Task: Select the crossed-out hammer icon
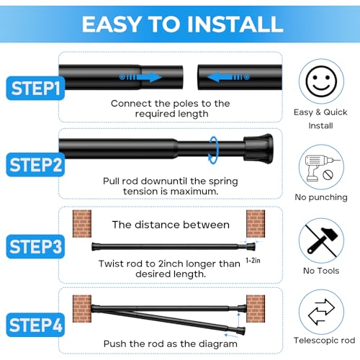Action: click(x=322, y=240)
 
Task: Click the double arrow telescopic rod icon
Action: click(x=322, y=314)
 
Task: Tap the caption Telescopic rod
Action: click(x=322, y=340)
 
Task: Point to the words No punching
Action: click(x=322, y=197)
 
